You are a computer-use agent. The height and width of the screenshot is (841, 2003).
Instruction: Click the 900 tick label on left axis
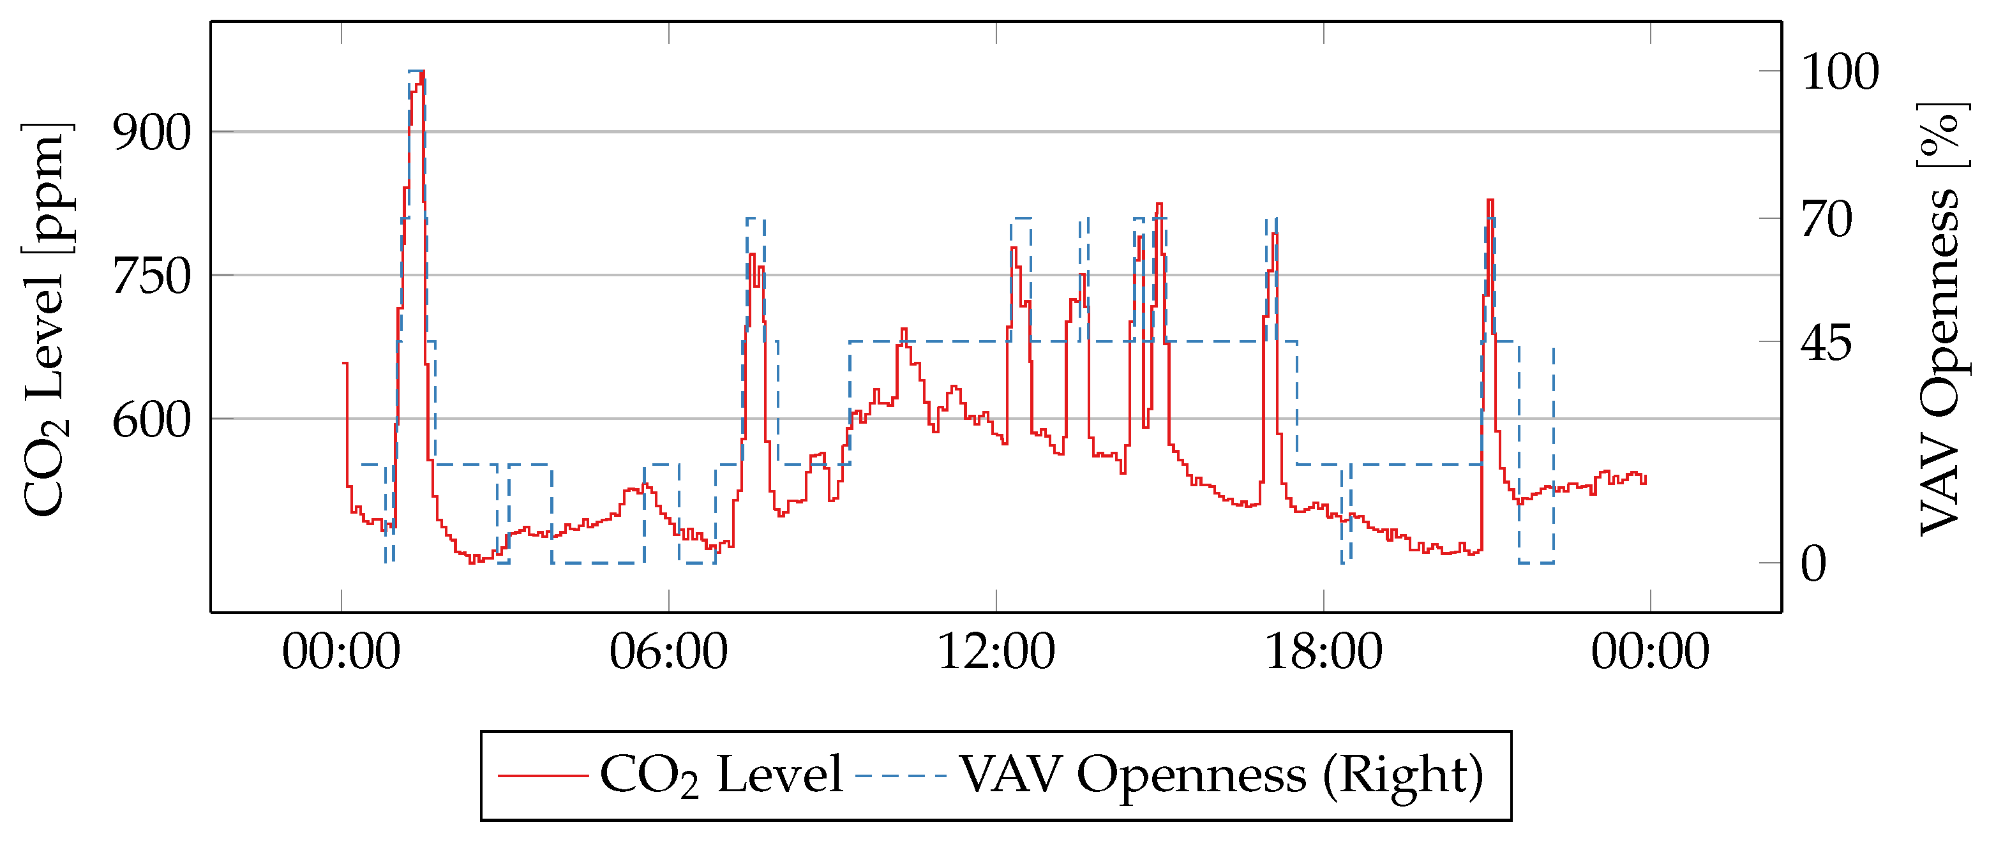pyautogui.click(x=152, y=133)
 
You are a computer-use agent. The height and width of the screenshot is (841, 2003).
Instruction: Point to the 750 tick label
pyautogui.click(x=152, y=276)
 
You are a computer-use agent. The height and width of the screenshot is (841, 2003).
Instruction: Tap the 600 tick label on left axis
pyautogui.click(x=152, y=420)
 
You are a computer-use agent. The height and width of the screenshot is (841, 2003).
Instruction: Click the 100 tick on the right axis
pyautogui.click(x=1840, y=71)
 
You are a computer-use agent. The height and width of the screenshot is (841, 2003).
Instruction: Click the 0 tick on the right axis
pyautogui.click(x=1813, y=563)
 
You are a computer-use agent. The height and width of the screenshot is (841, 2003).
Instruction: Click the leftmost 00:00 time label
pyautogui.click(x=341, y=651)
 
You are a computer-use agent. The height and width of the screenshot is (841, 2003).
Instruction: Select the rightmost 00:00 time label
pyautogui.click(x=1650, y=651)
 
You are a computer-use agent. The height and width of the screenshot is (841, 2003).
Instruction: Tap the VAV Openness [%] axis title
pyautogui.click(x=1942, y=318)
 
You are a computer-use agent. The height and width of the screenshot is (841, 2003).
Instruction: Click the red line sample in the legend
pyautogui.click(x=542, y=775)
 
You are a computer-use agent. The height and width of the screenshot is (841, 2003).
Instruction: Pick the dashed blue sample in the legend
pyautogui.click(x=901, y=775)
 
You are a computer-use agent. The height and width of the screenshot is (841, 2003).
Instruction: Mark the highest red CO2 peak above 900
pyautogui.click(x=422, y=71)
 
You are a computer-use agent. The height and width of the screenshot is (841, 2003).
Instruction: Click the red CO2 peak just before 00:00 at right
pyautogui.click(x=1490, y=200)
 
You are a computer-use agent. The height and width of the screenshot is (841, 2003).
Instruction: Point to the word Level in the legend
pyautogui.click(x=780, y=775)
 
